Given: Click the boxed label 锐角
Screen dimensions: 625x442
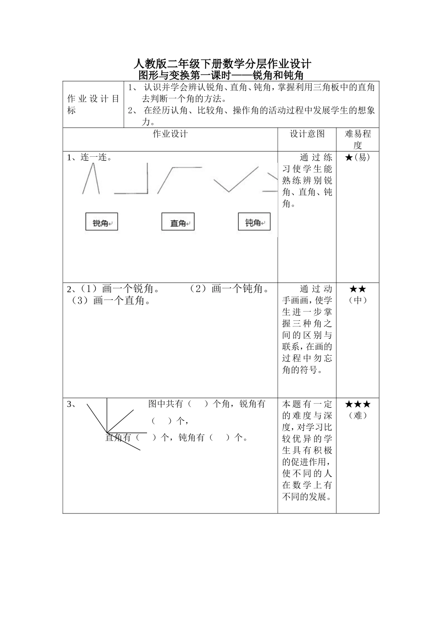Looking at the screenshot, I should pyautogui.click(x=101, y=222).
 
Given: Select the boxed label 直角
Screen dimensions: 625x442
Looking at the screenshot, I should pyautogui.click(x=178, y=222).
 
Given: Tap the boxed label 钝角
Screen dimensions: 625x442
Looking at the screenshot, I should pyautogui.click(x=254, y=222).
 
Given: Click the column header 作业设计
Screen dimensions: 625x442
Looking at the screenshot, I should pyautogui.click(x=170, y=134).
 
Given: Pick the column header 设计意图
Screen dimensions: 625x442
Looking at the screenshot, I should pyautogui.click(x=307, y=134).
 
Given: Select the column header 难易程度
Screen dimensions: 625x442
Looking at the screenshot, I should pyautogui.click(x=358, y=139).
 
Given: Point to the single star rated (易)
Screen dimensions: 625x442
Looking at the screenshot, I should pyautogui.click(x=349, y=157).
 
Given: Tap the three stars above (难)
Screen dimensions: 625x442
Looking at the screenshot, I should pyautogui.click(x=358, y=404).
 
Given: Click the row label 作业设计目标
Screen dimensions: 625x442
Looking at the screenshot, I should pyautogui.click(x=93, y=105).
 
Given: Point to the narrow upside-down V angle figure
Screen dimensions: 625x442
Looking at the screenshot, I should pyautogui.click(x=91, y=179).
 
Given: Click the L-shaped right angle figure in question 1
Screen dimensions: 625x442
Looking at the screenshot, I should pyautogui.click(x=132, y=180).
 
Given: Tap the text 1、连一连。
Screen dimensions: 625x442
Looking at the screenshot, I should pyautogui.click(x=89, y=157).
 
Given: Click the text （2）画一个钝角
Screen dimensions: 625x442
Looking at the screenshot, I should pyautogui.click(x=230, y=289).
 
